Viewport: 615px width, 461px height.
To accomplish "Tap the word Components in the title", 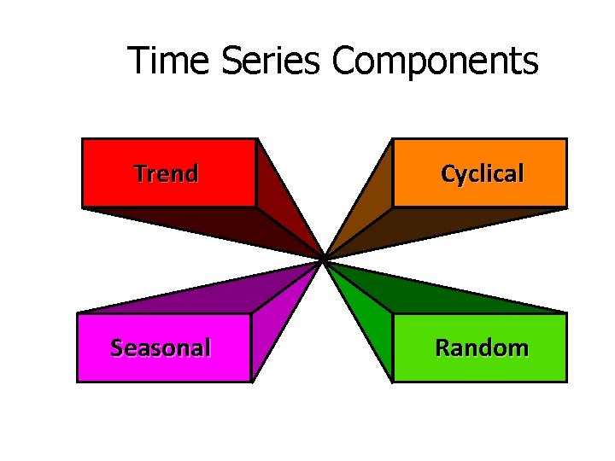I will [x=435, y=61].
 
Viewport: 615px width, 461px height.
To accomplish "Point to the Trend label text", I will [x=167, y=174].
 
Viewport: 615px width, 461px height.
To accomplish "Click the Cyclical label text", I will [x=482, y=174].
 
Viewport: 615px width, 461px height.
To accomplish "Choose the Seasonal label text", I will [x=161, y=348].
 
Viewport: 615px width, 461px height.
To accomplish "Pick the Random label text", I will [x=482, y=348].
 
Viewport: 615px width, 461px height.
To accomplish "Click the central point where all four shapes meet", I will [x=324, y=258].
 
